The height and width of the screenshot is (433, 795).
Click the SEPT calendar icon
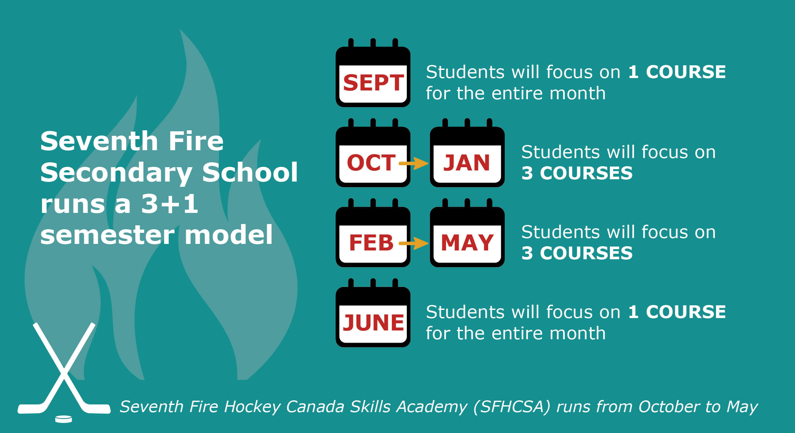point(373,73)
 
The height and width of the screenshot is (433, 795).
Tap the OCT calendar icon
point(373,153)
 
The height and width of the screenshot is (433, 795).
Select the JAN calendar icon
point(467,153)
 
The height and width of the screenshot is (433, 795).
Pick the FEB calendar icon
point(373,233)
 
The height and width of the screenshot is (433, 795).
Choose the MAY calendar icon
point(467,233)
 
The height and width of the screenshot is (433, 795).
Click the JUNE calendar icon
point(373,313)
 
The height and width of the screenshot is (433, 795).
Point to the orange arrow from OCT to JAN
point(414,163)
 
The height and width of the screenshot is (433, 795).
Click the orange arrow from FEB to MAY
point(414,243)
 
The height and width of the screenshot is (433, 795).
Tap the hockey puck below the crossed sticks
point(63,419)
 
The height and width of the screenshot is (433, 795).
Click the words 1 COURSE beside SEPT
point(677,72)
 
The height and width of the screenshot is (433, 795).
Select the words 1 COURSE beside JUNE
point(677,312)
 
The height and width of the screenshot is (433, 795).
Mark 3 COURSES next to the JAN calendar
point(577,173)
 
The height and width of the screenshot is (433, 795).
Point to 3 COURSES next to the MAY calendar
point(577,253)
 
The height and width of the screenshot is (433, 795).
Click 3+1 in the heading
point(169,204)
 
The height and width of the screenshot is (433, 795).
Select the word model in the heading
point(229,234)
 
